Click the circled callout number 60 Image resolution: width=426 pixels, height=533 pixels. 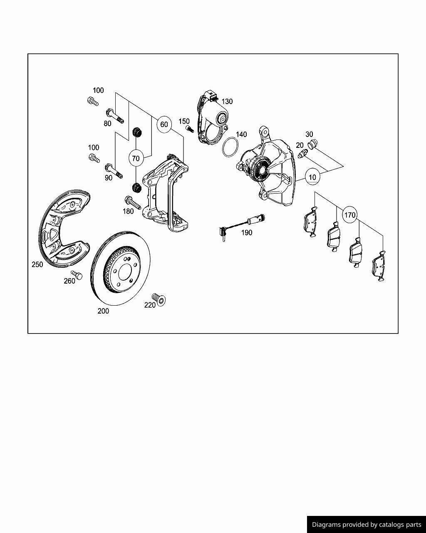tap(164, 124)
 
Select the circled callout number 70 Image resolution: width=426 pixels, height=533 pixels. tap(136, 158)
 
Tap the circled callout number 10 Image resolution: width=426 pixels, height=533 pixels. tap(312, 177)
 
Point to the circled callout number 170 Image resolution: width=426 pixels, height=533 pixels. tap(350, 215)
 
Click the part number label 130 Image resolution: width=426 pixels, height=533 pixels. tap(227, 101)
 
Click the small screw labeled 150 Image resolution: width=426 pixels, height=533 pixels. tap(190, 129)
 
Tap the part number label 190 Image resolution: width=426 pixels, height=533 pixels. tap(247, 232)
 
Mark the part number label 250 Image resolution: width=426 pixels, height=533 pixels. tap(37, 264)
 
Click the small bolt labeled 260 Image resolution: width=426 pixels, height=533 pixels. tap(77, 275)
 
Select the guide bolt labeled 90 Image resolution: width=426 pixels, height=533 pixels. tap(114, 171)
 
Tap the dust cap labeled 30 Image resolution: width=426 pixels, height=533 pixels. tap(313, 144)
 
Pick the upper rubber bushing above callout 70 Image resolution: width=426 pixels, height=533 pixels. tap(136, 133)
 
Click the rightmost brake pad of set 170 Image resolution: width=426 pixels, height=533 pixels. tap(378, 266)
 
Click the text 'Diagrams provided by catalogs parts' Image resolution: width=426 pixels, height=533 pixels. tap(367, 524)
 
